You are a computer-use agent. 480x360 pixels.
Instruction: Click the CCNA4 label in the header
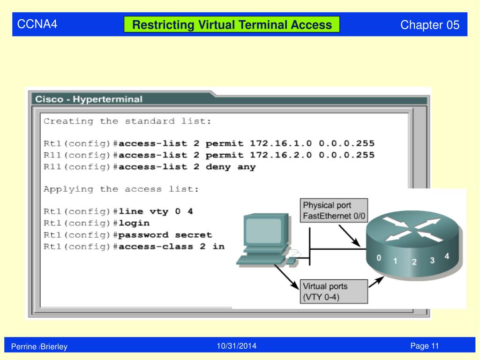click(37, 24)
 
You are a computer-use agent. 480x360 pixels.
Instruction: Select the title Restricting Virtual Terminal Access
click(232, 25)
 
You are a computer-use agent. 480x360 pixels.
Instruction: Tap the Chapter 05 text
click(430, 25)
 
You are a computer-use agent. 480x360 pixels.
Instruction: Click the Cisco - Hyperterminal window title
click(89, 99)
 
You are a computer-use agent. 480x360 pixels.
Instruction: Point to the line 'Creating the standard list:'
click(127, 121)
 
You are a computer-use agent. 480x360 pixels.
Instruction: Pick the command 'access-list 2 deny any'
click(187, 167)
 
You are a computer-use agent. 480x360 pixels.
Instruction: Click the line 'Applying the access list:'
click(121, 189)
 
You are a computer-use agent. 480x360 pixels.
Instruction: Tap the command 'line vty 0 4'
click(156, 211)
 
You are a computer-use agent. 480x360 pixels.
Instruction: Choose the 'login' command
click(134, 223)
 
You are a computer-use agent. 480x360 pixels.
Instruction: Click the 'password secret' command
click(165, 235)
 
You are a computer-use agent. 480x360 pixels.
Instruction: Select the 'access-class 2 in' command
click(172, 246)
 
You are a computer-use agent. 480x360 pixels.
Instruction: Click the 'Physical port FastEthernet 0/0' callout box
click(334, 211)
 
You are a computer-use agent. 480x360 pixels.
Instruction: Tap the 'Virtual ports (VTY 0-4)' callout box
click(334, 292)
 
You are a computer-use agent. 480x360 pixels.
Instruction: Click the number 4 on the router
click(447, 256)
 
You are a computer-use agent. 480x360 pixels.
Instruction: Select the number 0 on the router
click(379, 257)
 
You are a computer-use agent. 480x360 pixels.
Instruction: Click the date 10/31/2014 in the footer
click(237, 346)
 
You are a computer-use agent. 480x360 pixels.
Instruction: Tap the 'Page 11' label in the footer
click(424, 346)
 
